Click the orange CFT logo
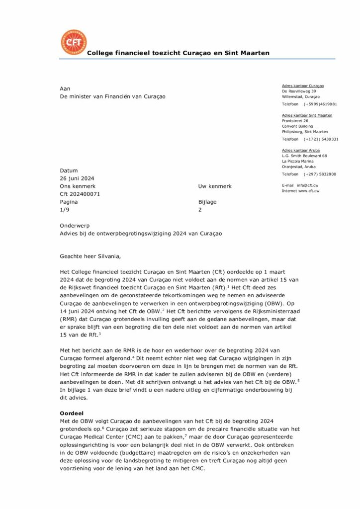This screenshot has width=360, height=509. [74, 42]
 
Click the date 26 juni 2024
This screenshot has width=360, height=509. [77, 178]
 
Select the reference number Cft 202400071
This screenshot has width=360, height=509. [80, 194]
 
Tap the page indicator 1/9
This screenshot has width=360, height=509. [65, 210]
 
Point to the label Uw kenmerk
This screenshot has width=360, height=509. [215, 186]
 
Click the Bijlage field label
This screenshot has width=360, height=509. [207, 202]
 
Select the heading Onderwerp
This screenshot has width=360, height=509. [75, 225]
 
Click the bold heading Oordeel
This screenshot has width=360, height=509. [71, 413]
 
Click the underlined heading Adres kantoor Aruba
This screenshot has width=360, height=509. [301, 150]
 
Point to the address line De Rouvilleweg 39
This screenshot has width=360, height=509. [299, 91]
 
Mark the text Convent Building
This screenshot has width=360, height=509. [297, 126]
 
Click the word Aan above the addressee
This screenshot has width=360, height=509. [65, 88]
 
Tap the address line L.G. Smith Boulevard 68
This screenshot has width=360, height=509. [304, 156]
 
